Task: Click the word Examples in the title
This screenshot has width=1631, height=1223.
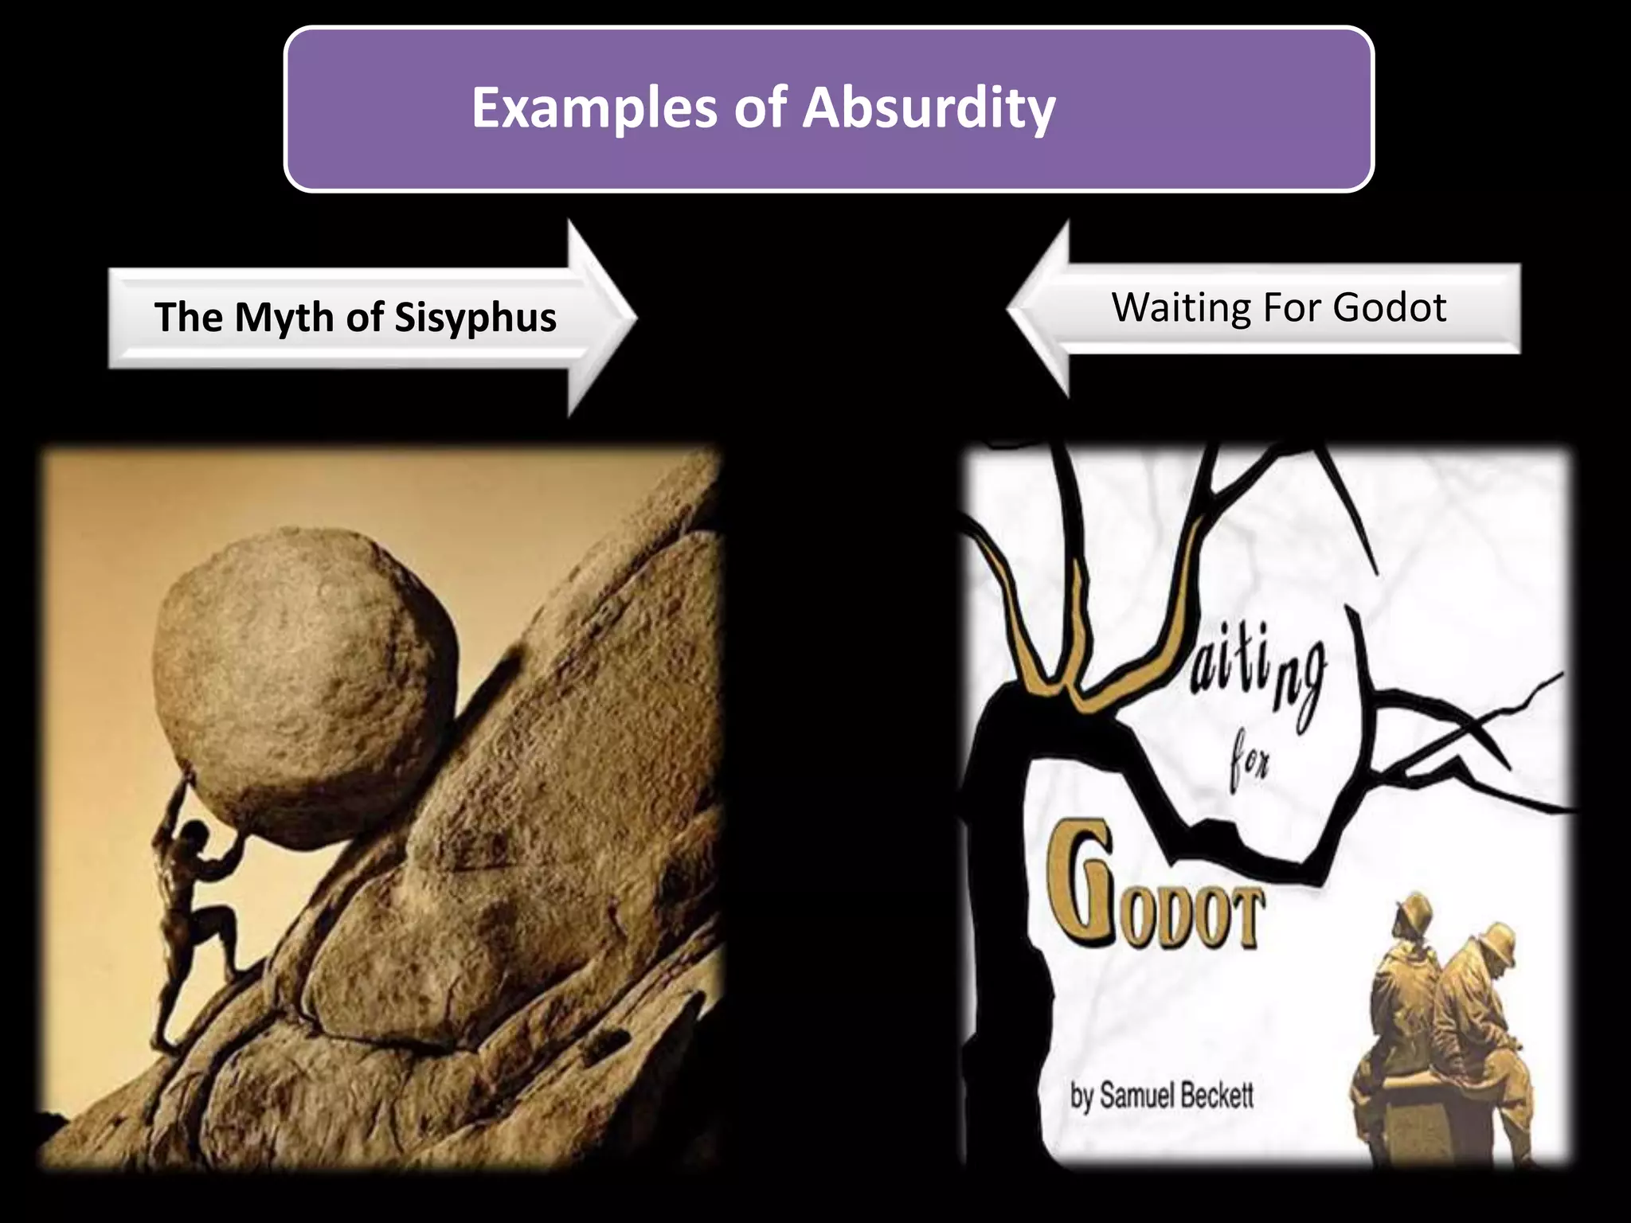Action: pyautogui.click(x=594, y=108)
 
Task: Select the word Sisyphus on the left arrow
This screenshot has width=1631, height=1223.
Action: pyautogui.click(x=475, y=318)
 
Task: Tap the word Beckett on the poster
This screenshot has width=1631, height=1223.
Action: pyautogui.click(x=1216, y=1096)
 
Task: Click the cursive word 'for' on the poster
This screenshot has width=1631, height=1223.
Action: pyautogui.click(x=1249, y=763)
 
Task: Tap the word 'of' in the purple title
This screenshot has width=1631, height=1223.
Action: pyautogui.click(x=760, y=108)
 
